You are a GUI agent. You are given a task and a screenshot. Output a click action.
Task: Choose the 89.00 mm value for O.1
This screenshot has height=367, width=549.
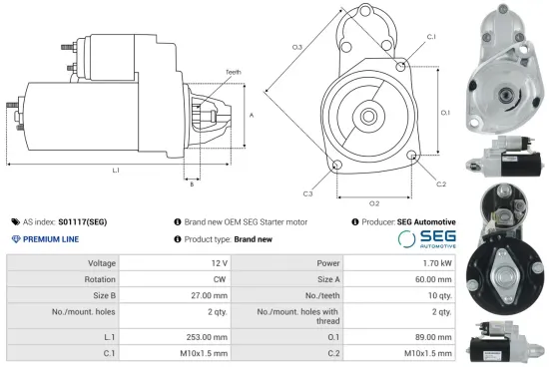435,338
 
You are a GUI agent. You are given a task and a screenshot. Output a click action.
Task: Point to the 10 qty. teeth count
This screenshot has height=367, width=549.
439,295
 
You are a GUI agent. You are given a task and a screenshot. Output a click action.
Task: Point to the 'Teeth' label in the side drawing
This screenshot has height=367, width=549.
234,73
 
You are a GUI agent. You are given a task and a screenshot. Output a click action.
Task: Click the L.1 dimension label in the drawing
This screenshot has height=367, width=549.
116,171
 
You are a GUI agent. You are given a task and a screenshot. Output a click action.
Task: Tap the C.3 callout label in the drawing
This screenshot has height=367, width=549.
307,193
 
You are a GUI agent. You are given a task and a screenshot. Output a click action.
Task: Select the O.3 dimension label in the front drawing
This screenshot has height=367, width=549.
296,47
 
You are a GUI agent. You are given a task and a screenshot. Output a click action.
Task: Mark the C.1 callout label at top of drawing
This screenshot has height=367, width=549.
431,37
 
